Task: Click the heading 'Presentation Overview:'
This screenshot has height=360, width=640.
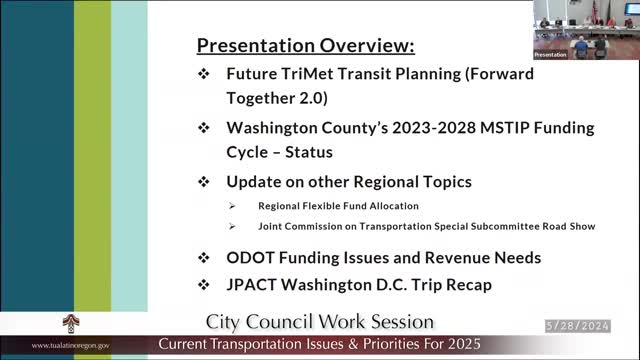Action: tap(305, 46)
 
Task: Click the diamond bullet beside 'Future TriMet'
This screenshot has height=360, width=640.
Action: tap(204, 74)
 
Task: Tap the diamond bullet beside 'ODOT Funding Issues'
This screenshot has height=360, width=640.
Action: tap(204, 257)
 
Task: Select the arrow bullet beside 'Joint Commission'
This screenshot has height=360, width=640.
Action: tap(232, 227)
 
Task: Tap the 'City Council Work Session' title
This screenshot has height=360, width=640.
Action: tap(319, 322)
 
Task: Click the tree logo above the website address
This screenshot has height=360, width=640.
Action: tap(72, 325)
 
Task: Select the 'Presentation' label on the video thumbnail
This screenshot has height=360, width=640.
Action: tap(551, 54)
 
